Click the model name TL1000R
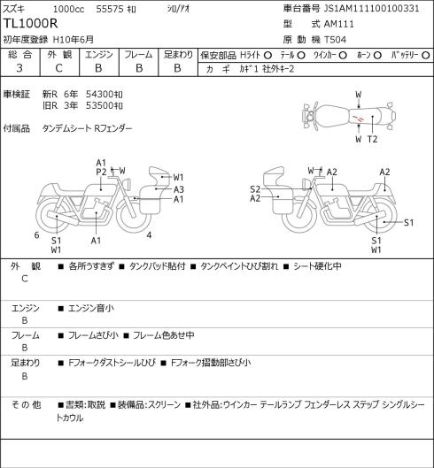pyautogui.click(x=30, y=24)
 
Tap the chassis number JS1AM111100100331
pyautogui.click(x=371, y=8)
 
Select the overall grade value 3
pyautogui.click(x=19, y=68)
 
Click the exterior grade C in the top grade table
pyautogui.click(x=58, y=68)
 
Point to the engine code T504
pyautogui.click(x=335, y=40)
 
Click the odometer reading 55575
pyautogui.click(x=110, y=9)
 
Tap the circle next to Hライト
pyautogui.click(x=267, y=56)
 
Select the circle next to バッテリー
pyautogui.click(x=426, y=56)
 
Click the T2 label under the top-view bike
pyautogui.click(x=372, y=139)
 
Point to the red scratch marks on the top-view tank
pyautogui.click(x=358, y=119)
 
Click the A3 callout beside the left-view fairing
pyautogui.click(x=179, y=189)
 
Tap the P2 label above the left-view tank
pyautogui.click(x=101, y=172)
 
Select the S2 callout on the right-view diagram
pyautogui.click(x=255, y=189)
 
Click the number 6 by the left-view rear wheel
pyautogui.click(x=36, y=235)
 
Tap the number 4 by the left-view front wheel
pyautogui.click(x=149, y=235)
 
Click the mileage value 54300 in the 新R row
pyautogui.click(x=99, y=95)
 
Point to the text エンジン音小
pyautogui.click(x=91, y=308)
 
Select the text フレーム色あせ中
pyautogui.click(x=163, y=335)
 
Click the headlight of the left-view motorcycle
pyautogui.click(x=127, y=183)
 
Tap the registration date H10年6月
pyautogui.click(x=74, y=40)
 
